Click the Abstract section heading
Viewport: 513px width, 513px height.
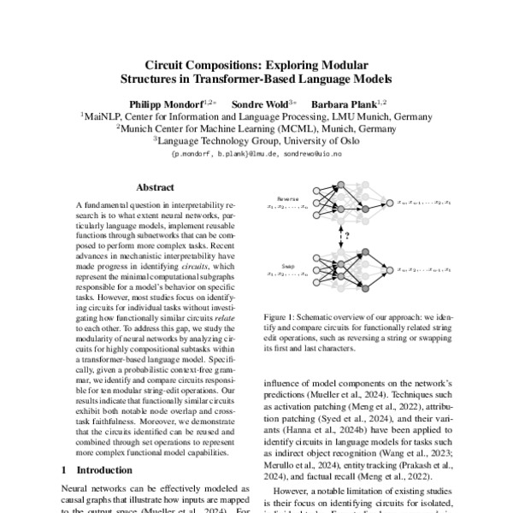click(x=155, y=187)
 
